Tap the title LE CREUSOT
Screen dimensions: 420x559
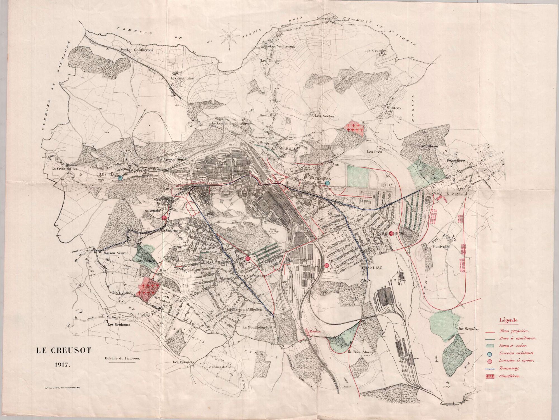tap(63, 351)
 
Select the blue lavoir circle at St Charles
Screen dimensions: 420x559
tap(327, 183)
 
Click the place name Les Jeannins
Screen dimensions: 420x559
tap(182, 78)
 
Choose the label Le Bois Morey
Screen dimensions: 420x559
tap(361, 352)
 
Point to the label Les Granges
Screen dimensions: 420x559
tap(375, 51)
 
